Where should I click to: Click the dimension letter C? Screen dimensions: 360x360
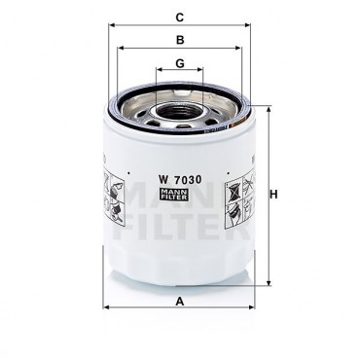click(x=180, y=18)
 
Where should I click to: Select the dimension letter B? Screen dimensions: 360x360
click(x=180, y=40)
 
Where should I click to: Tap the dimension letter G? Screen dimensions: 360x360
click(x=180, y=63)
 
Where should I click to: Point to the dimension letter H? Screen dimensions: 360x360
click(x=274, y=195)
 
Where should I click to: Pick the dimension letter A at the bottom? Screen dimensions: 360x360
click(x=180, y=302)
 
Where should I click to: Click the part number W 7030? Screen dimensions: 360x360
click(x=179, y=179)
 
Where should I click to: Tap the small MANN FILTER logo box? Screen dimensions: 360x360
click(x=174, y=194)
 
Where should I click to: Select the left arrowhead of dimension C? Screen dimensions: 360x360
click(x=112, y=25)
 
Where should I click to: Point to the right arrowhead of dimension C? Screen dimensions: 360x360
click(x=247, y=25)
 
